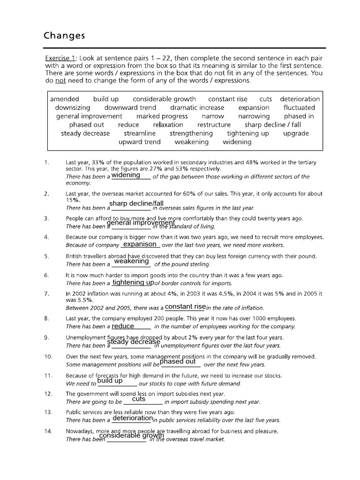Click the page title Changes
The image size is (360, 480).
coord(64,36)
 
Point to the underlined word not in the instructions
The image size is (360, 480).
coord(60,81)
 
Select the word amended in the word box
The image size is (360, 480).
coord(65,99)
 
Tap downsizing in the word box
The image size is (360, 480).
coord(72,107)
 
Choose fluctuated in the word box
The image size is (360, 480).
coord(299,107)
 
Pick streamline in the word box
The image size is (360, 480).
coord(140,133)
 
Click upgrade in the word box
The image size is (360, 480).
coord(296,133)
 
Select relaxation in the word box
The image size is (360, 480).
coord(168,125)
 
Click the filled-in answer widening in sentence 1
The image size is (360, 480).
coord(126,175)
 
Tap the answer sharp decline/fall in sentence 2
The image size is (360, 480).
coord(136,203)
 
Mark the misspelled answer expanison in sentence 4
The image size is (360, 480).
coord(139,244)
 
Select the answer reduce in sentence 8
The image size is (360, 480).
coord(123,326)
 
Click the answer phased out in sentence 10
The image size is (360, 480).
coord(178,362)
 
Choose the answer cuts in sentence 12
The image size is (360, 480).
coord(139,399)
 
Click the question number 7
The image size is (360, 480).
coord(46,293)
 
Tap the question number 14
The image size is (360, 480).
coord(48,431)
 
